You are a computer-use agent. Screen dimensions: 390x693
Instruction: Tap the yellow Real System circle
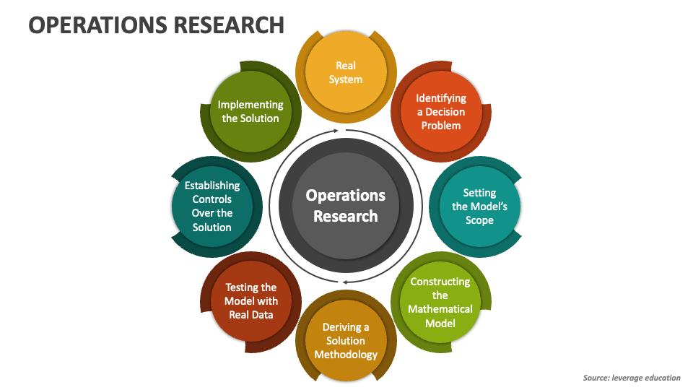tap(346, 72)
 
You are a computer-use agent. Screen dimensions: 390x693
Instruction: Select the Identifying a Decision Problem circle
tap(441, 111)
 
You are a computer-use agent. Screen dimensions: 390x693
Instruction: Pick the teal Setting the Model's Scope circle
tap(479, 207)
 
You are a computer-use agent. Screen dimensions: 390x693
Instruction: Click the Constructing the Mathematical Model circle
tap(440, 302)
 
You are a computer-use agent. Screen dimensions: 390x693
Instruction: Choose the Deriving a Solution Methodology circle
tap(346, 341)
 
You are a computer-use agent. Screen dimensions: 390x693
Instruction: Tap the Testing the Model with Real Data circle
tap(250, 301)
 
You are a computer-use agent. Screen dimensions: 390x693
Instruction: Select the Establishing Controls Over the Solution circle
tap(212, 207)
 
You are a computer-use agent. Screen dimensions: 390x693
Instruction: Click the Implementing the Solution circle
tap(250, 111)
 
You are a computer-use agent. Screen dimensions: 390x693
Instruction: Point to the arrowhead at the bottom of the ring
tap(344, 281)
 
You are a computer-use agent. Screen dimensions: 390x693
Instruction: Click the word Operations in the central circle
tap(346, 196)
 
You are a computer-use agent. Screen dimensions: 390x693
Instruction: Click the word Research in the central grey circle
tap(346, 216)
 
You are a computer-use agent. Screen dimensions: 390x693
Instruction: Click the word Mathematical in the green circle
tap(440, 309)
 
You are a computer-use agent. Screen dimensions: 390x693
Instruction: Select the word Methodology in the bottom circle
tap(346, 355)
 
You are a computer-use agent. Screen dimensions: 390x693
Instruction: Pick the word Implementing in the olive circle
tap(250, 105)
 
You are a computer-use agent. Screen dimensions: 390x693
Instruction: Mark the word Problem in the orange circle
tap(441, 125)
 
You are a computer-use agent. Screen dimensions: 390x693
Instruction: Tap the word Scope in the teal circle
tap(479, 220)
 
